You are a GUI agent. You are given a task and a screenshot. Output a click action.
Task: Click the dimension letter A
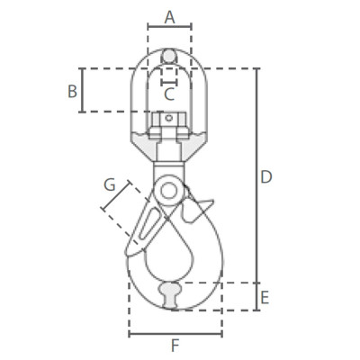169,17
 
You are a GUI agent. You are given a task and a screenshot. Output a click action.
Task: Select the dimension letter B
72,91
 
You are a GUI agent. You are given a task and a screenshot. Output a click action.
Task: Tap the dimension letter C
169,94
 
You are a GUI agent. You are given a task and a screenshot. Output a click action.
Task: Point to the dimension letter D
266,177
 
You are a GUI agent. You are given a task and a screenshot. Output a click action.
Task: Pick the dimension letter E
265,298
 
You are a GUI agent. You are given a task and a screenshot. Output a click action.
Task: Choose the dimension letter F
175,346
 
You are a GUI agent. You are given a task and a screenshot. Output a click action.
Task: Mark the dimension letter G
110,184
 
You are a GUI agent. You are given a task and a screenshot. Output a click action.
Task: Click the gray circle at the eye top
169,56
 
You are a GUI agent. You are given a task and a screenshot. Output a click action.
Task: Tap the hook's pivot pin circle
168,191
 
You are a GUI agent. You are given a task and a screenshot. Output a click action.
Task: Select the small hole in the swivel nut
169,118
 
